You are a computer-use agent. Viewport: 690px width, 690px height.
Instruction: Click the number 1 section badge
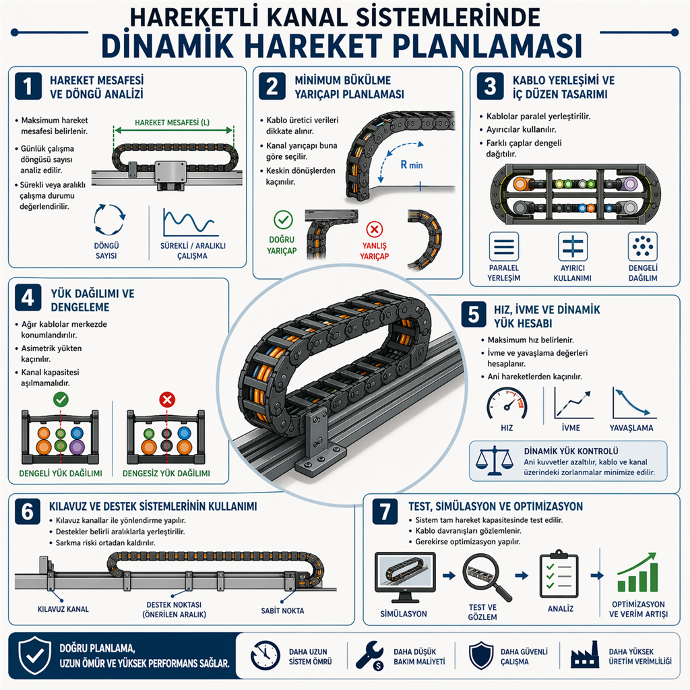point(28,86)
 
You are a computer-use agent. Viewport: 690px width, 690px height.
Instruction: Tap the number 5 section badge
point(474,315)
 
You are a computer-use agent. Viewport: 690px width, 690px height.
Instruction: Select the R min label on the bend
point(412,165)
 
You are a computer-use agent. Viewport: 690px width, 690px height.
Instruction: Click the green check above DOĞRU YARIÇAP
point(283,220)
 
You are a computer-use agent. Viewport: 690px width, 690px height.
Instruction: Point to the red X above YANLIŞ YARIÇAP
point(375,229)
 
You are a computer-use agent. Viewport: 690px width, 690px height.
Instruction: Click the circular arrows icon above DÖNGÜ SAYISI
point(110,220)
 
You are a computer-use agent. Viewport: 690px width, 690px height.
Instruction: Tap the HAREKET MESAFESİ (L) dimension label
point(172,123)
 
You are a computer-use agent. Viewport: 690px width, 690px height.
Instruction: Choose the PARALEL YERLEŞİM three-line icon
point(504,247)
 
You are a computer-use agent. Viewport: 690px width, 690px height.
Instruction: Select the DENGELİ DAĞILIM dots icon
point(642,247)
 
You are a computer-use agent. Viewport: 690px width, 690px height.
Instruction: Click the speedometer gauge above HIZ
point(507,404)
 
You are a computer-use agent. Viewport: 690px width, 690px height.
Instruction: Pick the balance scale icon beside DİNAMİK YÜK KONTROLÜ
point(495,461)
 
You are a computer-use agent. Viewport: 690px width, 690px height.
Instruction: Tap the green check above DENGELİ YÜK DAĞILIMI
point(61,400)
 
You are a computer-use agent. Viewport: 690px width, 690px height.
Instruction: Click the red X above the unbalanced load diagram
point(167,400)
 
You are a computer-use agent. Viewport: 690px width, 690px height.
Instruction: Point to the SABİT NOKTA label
point(282,610)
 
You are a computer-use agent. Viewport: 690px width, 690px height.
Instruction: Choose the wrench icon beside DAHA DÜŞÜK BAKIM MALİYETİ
point(370,656)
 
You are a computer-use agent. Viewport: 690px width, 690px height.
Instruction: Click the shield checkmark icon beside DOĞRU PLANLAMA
point(34,655)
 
